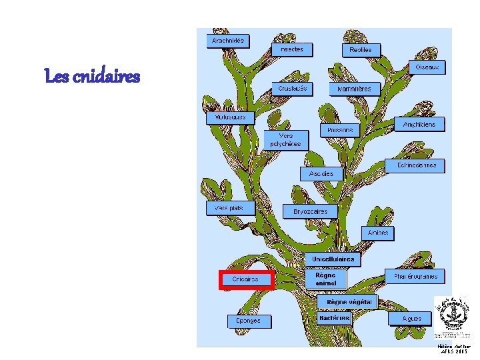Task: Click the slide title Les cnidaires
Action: [x=92, y=77]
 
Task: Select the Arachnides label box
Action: [x=228, y=41]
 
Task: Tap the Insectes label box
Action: [x=292, y=49]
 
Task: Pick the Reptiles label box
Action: [x=361, y=50]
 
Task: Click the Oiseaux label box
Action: [x=427, y=68]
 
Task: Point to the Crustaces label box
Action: [x=293, y=88]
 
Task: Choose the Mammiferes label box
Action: [x=354, y=89]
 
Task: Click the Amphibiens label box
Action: [x=419, y=125]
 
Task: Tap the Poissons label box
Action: [x=341, y=131]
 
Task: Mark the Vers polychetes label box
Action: [x=285, y=139]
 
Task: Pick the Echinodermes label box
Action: [x=417, y=165]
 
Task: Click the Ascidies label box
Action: [x=321, y=173]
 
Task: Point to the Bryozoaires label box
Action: [x=311, y=211]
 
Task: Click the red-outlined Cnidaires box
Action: [x=246, y=279]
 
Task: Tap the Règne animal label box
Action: [x=326, y=279]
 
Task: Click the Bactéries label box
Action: [x=335, y=318]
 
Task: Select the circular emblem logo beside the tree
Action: [x=451, y=315]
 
